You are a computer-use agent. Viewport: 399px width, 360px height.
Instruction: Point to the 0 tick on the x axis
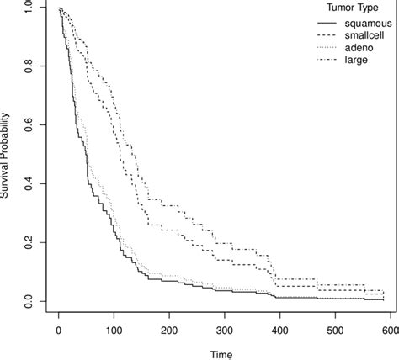(x=58, y=328)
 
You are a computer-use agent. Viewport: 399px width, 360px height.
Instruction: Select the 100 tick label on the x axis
(x=114, y=328)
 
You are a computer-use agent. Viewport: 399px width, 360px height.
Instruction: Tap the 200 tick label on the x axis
(x=169, y=328)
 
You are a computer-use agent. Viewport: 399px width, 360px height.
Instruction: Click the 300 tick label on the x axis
(x=225, y=328)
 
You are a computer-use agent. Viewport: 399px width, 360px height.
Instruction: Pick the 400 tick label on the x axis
(x=280, y=328)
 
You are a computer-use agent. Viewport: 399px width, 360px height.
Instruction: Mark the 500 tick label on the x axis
(x=336, y=328)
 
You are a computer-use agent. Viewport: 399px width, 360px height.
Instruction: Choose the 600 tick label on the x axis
(x=391, y=328)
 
